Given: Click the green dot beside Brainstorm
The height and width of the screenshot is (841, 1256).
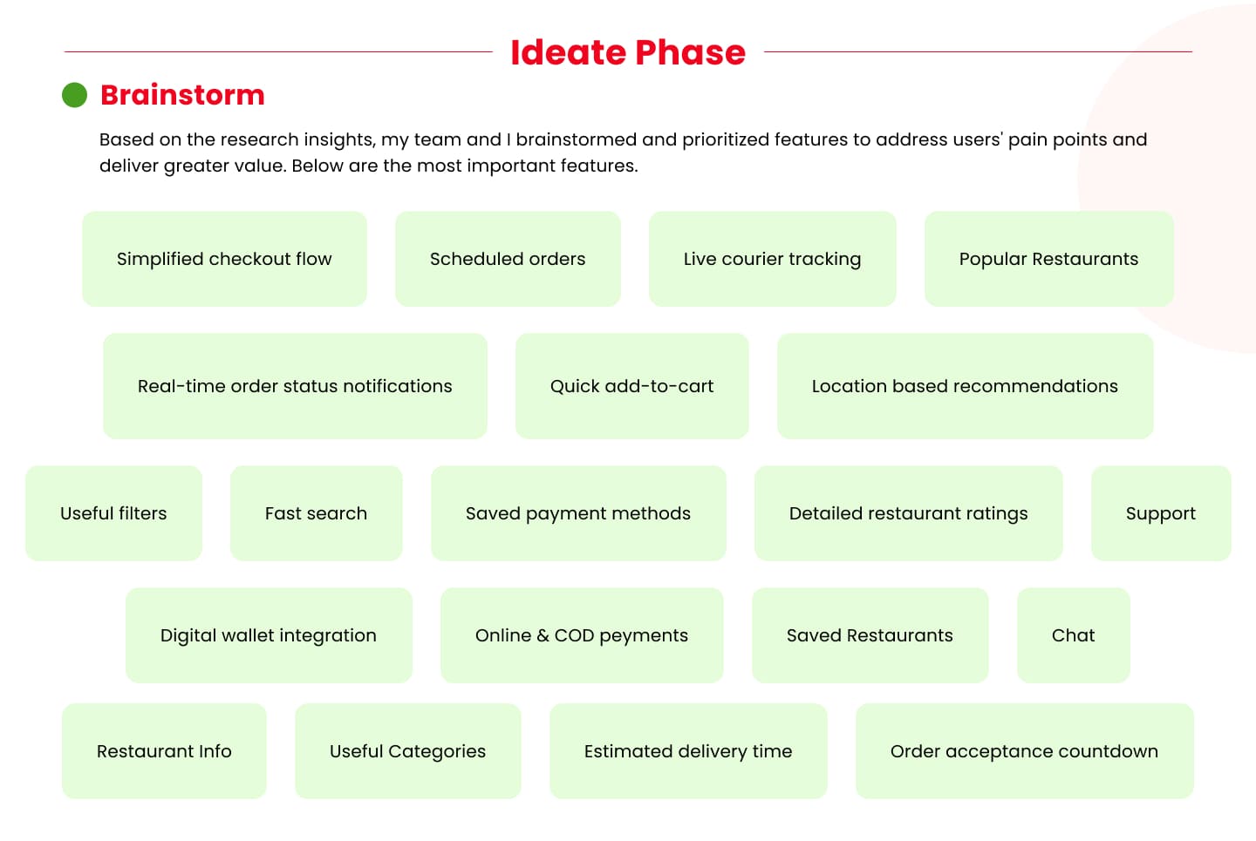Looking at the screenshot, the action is [75, 95].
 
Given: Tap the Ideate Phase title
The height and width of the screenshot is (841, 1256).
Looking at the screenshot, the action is [628, 52].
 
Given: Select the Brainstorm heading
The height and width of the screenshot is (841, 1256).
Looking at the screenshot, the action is [182, 95].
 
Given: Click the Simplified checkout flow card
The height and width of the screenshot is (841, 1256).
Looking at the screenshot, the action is [224, 259].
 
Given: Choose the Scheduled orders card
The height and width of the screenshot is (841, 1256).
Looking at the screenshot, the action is [508, 259].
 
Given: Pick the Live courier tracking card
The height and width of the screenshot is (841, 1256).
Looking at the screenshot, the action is [772, 259].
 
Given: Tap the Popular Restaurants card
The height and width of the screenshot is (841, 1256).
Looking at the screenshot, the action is [1048, 259].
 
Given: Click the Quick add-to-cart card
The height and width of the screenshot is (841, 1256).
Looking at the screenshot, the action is [631, 386].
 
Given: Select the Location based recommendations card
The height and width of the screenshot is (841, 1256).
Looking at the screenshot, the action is [965, 386].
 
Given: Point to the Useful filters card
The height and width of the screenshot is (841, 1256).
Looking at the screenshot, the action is [113, 513].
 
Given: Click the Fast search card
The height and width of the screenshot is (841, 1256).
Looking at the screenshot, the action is [317, 513].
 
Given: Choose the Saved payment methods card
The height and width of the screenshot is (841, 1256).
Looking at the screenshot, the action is [578, 513].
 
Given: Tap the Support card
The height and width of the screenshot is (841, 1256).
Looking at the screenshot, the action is [1161, 513].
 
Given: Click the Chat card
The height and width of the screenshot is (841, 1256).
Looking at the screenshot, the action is [1073, 635].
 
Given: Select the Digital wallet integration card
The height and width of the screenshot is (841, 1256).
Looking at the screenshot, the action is [269, 635].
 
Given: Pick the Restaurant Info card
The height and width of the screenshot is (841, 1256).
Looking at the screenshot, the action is [164, 750].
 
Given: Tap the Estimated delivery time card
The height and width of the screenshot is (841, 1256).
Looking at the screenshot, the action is [688, 750].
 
